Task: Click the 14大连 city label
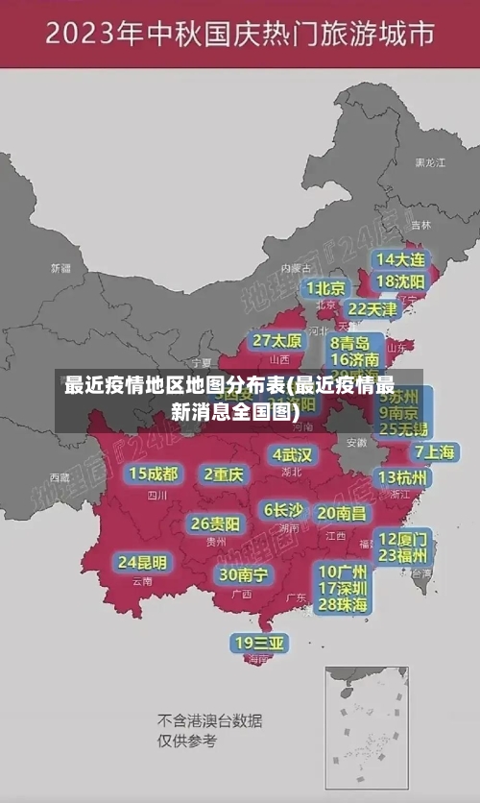tap(401, 259)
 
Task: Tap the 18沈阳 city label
tap(401, 281)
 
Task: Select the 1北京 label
tap(326, 287)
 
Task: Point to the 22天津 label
tap(372, 309)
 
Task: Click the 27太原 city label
tap(277, 340)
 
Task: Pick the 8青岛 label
tap(350, 342)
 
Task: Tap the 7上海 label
tap(434, 451)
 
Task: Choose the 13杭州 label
tap(403, 477)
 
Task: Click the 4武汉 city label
tap(292, 454)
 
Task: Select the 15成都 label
tap(154, 474)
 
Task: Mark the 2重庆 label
tap(224, 474)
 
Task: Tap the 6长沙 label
tap(283, 509)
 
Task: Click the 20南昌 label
tap(342, 513)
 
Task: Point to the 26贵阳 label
tap(215, 523)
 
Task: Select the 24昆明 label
tap(142, 562)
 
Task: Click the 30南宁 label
tap(243, 574)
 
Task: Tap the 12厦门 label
tap(403, 538)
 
